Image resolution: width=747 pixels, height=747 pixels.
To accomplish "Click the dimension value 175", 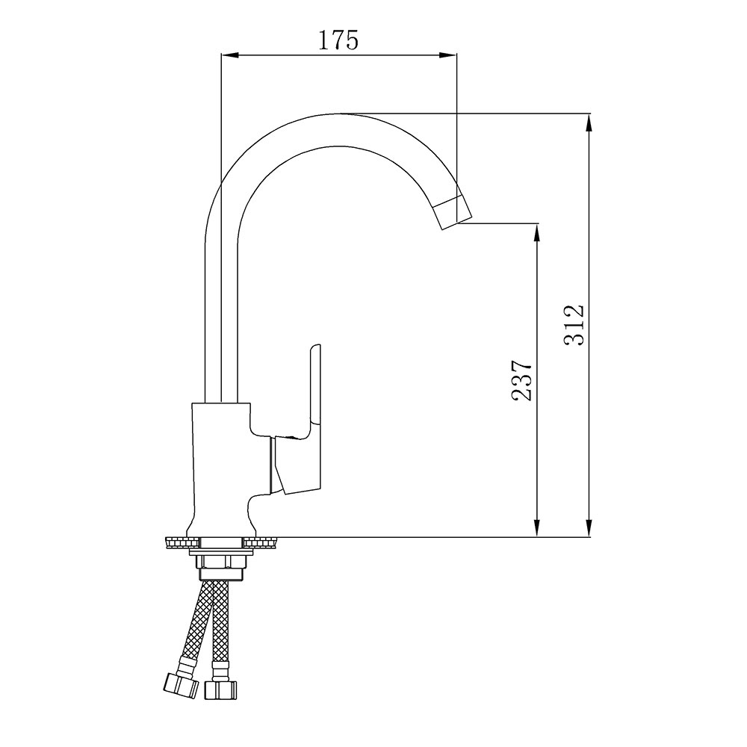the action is [x=338, y=40].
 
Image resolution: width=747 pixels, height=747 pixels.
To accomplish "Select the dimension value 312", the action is [x=574, y=324].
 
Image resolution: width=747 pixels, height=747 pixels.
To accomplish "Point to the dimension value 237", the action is [x=521, y=379].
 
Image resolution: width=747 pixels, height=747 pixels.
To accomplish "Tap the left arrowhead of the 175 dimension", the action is [x=229, y=55].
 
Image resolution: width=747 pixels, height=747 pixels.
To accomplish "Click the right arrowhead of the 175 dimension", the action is [x=448, y=55].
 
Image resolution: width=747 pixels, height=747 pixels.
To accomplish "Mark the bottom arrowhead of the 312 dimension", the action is [x=589, y=528].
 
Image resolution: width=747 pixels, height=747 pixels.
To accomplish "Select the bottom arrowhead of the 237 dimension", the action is [x=537, y=528].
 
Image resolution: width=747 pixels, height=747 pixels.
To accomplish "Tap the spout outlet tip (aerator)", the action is [x=453, y=212].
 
